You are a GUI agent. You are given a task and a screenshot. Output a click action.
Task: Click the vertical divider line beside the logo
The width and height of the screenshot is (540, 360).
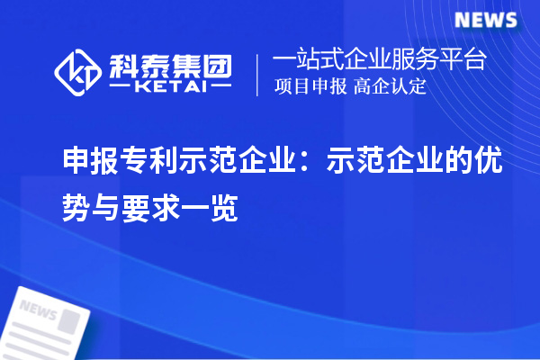[x=258, y=75]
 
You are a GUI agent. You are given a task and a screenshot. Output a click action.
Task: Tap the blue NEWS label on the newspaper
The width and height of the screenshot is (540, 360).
[x=38, y=310]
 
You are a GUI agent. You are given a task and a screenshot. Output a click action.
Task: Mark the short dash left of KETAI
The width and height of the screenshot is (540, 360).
[x=120, y=88]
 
